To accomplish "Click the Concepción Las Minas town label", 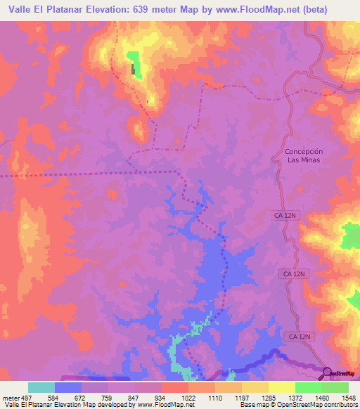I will point(304,156).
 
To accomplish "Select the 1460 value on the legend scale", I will point(320,398).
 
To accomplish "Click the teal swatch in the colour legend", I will point(41,387).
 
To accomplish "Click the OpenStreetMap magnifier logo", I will point(326,372).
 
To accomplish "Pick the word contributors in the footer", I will point(340,405).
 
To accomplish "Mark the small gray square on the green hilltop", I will point(133,69).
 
